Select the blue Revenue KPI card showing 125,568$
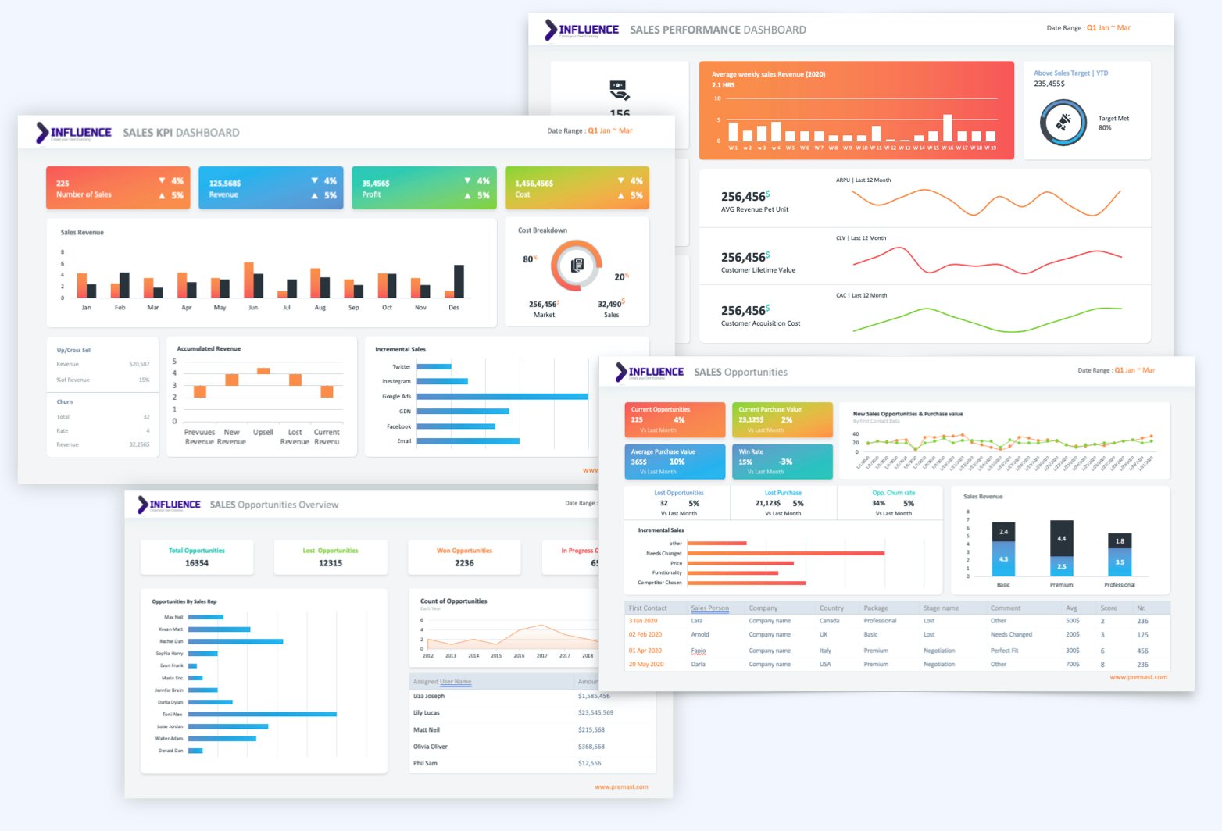coord(270,187)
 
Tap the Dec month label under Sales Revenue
coord(454,308)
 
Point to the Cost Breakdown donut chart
coord(577,266)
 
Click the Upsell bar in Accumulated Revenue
coord(263,371)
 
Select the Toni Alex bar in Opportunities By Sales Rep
coord(262,714)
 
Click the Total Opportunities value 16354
coord(197,563)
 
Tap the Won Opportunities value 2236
coord(464,563)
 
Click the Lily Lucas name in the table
coord(427,712)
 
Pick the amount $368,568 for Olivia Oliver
coord(591,747)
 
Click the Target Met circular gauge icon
coord(1063,123)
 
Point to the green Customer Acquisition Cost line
coord(984,316)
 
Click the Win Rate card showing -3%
coord(782,461)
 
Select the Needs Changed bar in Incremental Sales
coord(785,553)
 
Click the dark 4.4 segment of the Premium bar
coord(1061,538)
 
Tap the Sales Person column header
coord(709,608)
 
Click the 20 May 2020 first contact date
coord(646,665)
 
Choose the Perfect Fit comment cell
coord(1004,651)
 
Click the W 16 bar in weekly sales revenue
coord(948,127)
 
